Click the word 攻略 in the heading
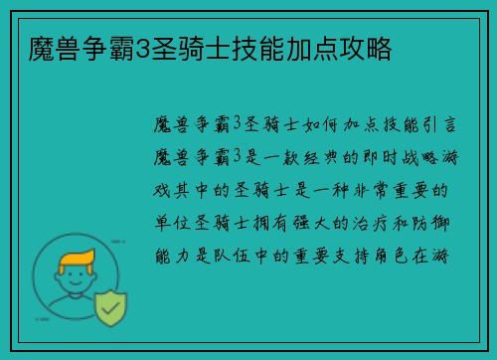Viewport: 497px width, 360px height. pyautogui.click(x=367, y=46)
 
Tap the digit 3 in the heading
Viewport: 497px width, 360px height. pyautogui.click(x=140, y=46)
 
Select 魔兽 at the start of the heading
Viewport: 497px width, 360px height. pyautogui.click(x=44, y=46)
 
